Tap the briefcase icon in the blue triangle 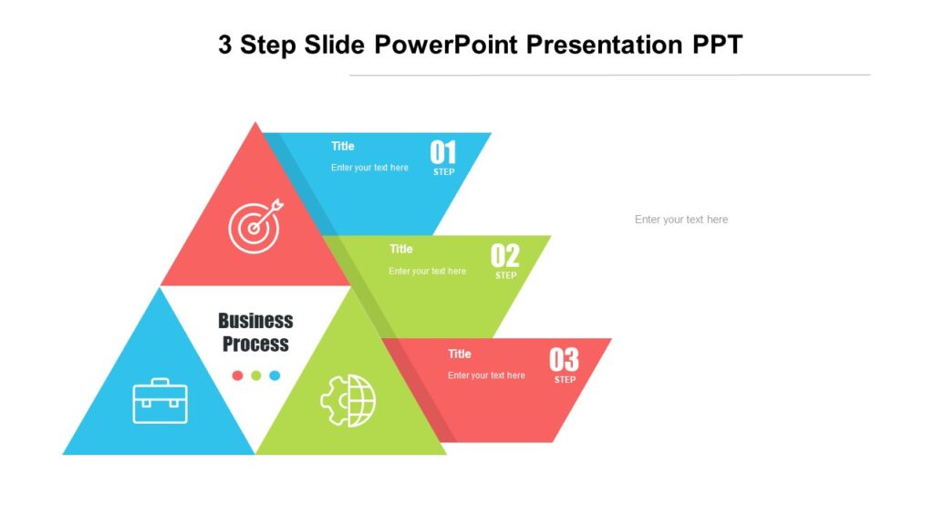(x=161, y=401)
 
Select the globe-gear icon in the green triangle (x=348, y=400)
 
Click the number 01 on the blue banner (x=443, y=152)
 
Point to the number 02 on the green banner (x=504, y=255)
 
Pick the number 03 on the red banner (x=564, y=360)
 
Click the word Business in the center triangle (x=255, y=321)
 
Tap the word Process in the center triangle (x=255, y=345)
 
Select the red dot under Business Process (x=237, y=376)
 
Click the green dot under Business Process (x=256, y=376)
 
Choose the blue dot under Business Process (x=275, y=376)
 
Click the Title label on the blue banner (x=343, y=146)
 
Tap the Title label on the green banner (x=401, y=249)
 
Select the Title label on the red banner (x=460, y=354)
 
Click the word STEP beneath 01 (x=443, y=172)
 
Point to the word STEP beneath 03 (x=565, y=380)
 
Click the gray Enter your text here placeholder (x=681, y=220)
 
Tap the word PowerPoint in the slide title (x=437, y=44)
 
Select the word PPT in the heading (x=718, y=44)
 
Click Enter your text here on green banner (x=427, y=271)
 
